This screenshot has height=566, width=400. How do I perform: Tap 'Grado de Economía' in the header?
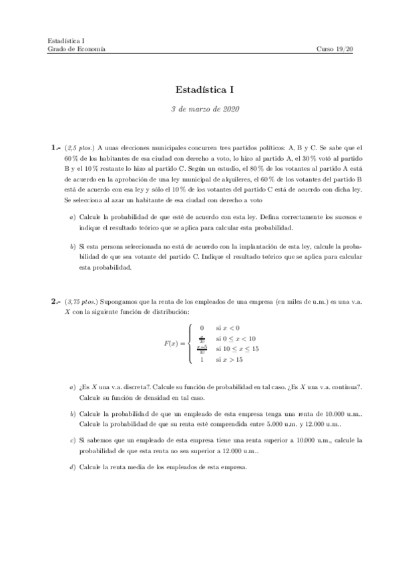75,49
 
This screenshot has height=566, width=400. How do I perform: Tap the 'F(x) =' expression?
174,343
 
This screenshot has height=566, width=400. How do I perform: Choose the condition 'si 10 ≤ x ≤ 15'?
237,348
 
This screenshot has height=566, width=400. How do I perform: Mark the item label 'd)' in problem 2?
72,467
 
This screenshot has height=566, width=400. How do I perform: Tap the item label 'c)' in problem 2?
72,441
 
